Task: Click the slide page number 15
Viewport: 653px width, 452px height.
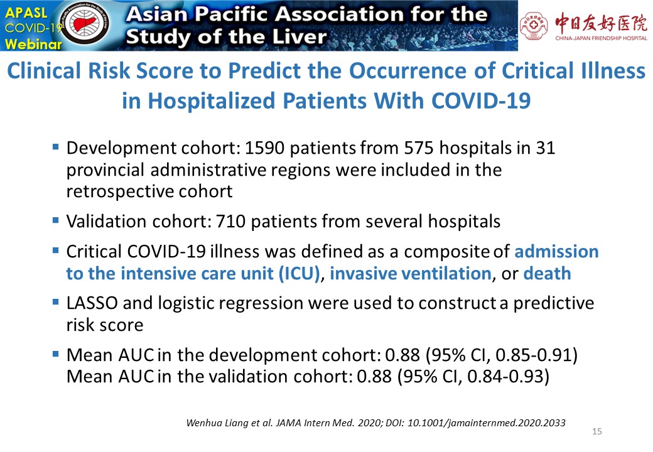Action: click(x=596, y=432)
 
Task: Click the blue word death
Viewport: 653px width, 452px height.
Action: click(x=547, y=274)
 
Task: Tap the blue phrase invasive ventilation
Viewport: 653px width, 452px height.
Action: click(x=411, y=274)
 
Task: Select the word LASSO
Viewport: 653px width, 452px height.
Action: click(x=92, y=303)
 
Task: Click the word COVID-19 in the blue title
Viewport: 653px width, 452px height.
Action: click(x=481, y=101)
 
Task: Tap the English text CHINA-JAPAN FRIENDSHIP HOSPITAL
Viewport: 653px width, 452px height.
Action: click(x=601, y=38)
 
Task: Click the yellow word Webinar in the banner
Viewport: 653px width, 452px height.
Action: click(x=33, y=44)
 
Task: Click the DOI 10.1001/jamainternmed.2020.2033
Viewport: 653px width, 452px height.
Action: click(x=487, y=423)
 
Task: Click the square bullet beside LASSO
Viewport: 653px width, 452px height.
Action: click(x=56, y=301)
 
